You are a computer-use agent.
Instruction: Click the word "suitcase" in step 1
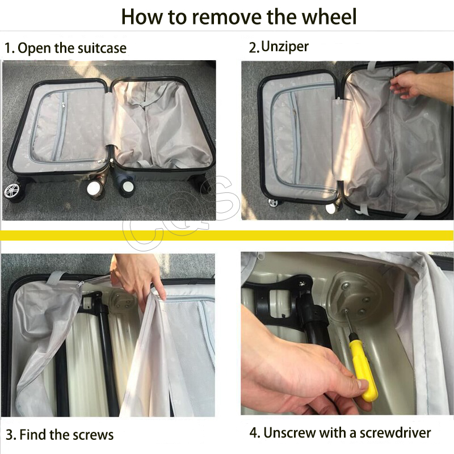click(102, 48)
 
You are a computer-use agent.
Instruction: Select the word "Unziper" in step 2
click(285, 47)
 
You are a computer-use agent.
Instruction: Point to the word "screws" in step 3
click(93, 435)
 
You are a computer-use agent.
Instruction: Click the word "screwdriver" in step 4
click(395, 433)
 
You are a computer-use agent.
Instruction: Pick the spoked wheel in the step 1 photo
click(12, 191)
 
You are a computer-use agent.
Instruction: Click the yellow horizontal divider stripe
click(227, 236)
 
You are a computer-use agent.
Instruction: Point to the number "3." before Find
click(11, 435)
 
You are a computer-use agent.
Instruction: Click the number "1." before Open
click(9, 48)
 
